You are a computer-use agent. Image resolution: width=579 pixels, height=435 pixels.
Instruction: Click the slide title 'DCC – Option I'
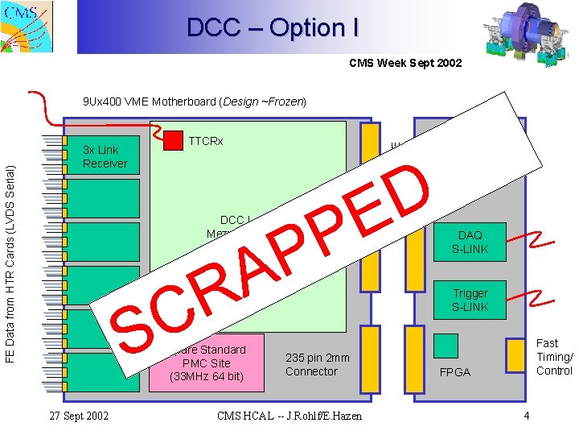pos(273,28)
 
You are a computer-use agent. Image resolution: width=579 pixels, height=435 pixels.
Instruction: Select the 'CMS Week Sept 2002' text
pos(405,63)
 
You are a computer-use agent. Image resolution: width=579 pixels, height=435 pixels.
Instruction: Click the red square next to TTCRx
pos(173,140)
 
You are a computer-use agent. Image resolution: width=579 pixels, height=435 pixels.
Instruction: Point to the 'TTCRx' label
pos(205,142)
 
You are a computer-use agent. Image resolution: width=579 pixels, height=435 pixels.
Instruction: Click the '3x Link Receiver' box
pos(102,156)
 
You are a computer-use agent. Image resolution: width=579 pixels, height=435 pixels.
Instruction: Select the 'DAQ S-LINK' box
pos(470,242)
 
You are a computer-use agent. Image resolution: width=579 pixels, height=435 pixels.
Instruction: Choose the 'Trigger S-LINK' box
pos(470,300)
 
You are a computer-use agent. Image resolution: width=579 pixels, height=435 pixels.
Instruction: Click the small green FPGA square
pos(446,346)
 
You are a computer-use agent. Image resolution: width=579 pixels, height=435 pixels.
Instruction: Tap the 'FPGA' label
pos(455,373)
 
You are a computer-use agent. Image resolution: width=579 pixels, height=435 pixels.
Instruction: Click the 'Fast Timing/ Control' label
pos(554,357)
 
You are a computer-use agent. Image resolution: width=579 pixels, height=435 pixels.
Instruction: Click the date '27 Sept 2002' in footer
pos(80,416)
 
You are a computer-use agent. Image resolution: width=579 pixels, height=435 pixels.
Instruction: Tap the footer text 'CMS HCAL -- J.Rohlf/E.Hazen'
pos(289,416)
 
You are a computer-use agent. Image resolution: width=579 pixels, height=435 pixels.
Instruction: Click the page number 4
pos(526,416)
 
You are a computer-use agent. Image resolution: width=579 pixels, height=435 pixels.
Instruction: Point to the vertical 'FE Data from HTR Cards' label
pos(10,251)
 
